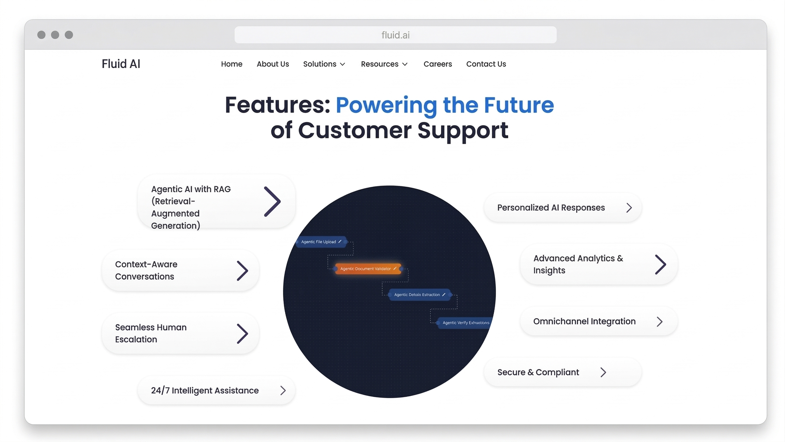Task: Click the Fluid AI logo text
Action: [x=121, y=64]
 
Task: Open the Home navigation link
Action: [x=231, y=64]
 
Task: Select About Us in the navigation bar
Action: [x=273, y=64]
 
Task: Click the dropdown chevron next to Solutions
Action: [x=342, y=64]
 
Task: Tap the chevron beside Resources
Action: [x=405, y=64]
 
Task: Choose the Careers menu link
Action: [x=438, y=64]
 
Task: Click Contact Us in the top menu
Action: [x=486, y=64]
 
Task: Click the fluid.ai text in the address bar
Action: [x=395, y=35]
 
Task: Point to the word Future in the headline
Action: [x=519, y=105]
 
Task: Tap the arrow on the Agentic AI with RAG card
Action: [x=272, y=202]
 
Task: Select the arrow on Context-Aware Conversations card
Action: [x=243, y=270]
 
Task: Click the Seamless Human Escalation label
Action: [x=151, y=333]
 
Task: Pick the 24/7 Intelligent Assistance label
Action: [x=205, y=390]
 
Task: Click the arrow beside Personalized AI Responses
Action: [x=629, y=208]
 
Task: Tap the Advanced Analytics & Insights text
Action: [x=578, y=264]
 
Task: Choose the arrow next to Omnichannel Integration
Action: [x=659, y=321]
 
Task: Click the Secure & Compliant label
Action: [x=538, y=372]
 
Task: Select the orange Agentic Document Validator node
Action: [x=368, y=269]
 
